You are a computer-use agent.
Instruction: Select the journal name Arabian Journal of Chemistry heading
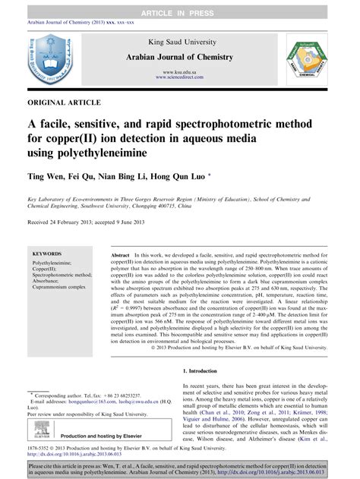point(180,55)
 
